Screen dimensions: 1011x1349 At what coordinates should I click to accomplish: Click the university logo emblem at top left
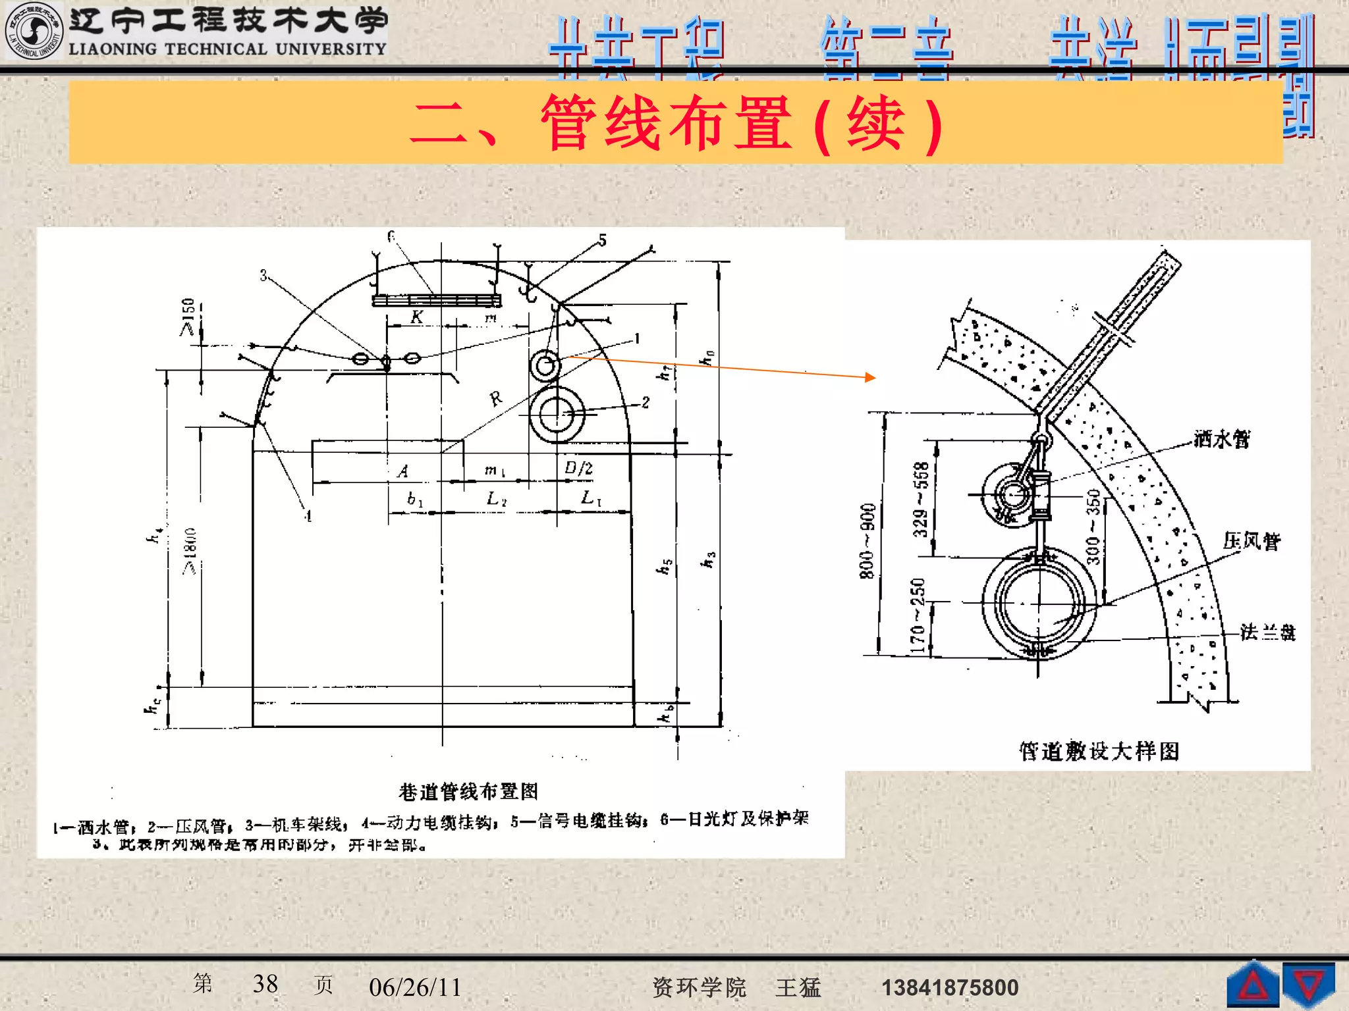33,31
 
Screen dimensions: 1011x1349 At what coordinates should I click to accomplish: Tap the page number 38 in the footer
265,984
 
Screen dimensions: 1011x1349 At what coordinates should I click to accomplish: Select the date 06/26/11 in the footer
415,987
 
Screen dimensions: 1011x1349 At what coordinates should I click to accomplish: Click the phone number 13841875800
950,987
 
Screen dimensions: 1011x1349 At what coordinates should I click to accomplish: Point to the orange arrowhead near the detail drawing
871,377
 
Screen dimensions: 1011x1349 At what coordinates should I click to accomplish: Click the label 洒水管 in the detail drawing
1222,439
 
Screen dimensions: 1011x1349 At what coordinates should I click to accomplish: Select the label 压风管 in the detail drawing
1252,541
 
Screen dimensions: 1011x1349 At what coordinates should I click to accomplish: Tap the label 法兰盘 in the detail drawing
1268,633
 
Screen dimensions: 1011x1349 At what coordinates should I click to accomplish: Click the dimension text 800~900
867,541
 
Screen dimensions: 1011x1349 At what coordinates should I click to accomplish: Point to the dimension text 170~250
918,615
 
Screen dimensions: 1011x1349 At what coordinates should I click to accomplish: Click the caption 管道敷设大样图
1099,751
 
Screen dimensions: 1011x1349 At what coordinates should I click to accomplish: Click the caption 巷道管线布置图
468,791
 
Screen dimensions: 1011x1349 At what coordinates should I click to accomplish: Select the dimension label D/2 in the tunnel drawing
578,468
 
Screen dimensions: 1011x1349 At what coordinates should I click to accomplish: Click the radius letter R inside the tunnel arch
496,398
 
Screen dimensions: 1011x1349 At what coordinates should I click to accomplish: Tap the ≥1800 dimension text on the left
190,552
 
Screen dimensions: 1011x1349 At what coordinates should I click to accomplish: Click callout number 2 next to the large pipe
646,402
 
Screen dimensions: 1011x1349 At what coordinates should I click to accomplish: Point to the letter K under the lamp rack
416,317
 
